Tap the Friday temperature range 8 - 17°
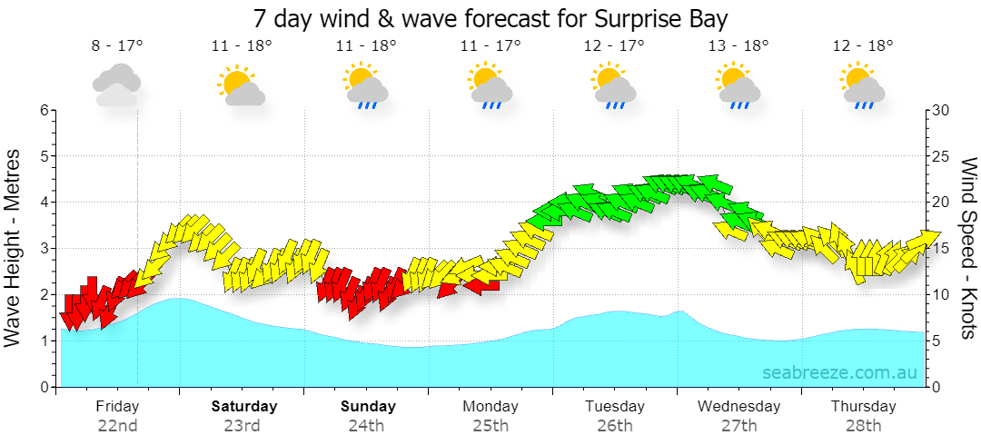tap(117, 45)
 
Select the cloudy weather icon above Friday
tap(116, 85)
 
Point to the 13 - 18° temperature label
tap(738, 45)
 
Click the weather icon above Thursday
tap(863, 85)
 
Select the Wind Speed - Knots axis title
tap(968, 248)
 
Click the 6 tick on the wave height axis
tap(45, 110)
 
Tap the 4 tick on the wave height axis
tap(45, 203)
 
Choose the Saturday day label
tap(244, 406)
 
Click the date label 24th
tap(366, 426)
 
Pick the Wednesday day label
tap(738, 406)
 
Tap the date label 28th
tap(864, 426)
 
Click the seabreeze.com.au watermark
tap(839, 372)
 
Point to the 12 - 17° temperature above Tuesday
tap(614, 45)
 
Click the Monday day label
tap(490, 406)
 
